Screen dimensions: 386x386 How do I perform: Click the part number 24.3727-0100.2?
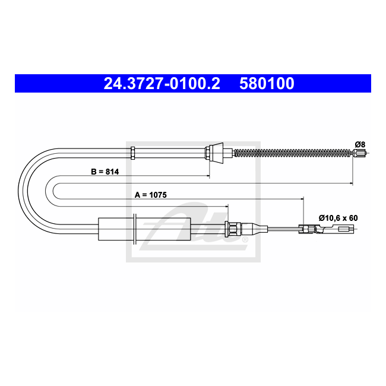pyautogui.click(x=162, y=84)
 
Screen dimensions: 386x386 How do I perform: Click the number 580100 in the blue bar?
pyautogui.click(x=267, y=84)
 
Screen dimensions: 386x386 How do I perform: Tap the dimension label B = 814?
pyautogui.click(x=105, y=172)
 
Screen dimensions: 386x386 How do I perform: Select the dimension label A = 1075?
pyautogui.click(x=151, y=195)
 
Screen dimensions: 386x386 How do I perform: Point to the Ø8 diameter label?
pyautogui.click(x=360, y=144)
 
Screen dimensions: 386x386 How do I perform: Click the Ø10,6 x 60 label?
pyautogui.click(x=338, y=218)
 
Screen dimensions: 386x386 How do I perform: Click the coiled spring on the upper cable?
pyautogui.click(x=293, y=153)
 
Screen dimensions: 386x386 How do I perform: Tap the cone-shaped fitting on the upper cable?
pyautogui.click(x=216, y=153)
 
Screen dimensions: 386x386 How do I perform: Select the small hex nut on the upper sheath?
pyautogui.click(x=132, y=153)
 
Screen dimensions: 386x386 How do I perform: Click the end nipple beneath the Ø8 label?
pyautogui.click(x=359, y=153)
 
